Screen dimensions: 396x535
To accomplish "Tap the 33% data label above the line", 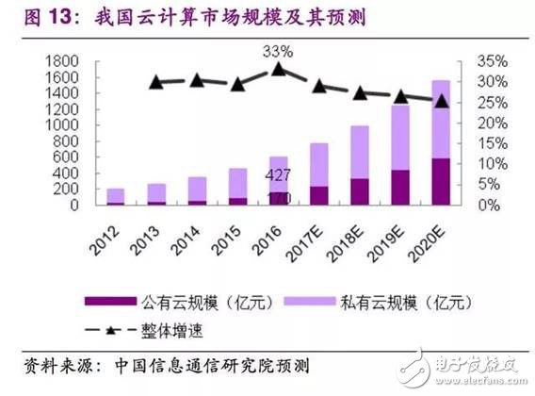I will [279, 45].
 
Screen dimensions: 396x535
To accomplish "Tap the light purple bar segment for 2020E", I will [441, 119].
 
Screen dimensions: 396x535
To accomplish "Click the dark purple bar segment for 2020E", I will [441, 181].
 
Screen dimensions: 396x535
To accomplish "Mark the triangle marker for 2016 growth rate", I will [279, 69].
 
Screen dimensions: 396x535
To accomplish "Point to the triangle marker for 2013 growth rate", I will [157, 83].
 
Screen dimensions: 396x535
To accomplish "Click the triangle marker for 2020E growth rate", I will [441, 101].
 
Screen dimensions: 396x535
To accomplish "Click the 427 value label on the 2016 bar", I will [278, 176].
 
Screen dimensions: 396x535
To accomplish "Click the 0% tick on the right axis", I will [474, 205].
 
